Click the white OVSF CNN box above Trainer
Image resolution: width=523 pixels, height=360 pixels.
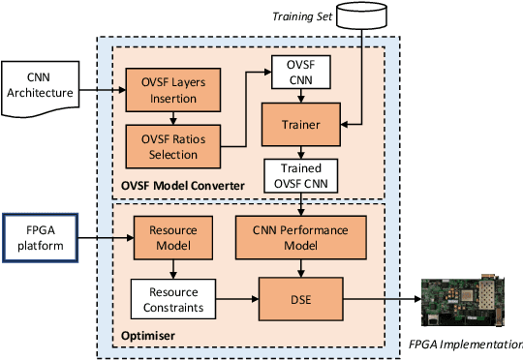(300, 71)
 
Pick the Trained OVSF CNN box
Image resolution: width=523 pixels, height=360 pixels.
(300, 174)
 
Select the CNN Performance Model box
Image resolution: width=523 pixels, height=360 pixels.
(300, 239)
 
